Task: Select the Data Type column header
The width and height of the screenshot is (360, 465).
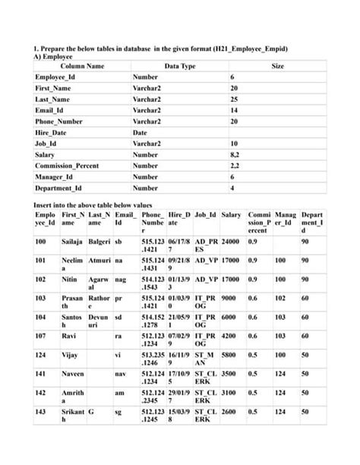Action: coord(180,66)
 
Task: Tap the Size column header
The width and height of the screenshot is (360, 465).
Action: coord(277,66)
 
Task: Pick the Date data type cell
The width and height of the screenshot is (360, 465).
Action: coord(140,132)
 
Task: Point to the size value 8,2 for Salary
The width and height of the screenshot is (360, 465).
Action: coord(235,154)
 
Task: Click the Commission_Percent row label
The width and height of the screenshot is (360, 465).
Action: coord(66,165)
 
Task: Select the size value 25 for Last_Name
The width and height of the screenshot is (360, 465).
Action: coord(234,100)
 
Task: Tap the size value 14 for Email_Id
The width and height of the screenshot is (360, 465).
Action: coord(234,110)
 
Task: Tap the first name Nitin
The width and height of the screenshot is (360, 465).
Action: coord(69,279)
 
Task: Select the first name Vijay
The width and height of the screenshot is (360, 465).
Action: coord(69,354)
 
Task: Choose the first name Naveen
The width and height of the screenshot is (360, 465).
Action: coord(72,374)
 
